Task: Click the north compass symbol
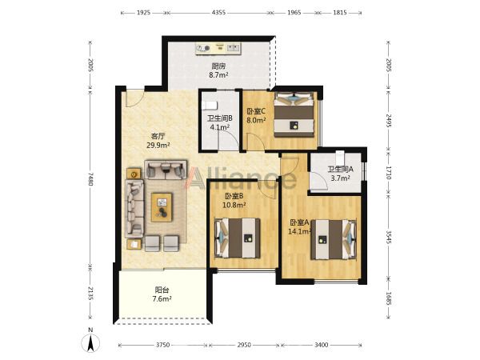point(90,342)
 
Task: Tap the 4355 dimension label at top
point(219,13)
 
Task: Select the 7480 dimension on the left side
point(90,178)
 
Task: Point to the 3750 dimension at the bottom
point(163,345)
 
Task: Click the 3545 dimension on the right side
point(389,238)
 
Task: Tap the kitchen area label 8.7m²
point(218,74)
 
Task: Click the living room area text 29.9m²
point(158,145)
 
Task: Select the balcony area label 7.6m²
point(162,298)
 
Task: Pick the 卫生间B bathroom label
point(220,118)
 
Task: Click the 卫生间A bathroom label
point(341,169)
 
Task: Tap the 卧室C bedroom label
point(256,111)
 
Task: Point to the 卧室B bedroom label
point(234,196)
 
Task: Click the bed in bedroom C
point(294,114)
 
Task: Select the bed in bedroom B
point(238,238)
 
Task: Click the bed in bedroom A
point(334,240)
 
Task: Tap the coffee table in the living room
point(162,207)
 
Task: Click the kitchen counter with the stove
point(218,49)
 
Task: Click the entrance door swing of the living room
point(134,98)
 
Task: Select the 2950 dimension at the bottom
point(244,345)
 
